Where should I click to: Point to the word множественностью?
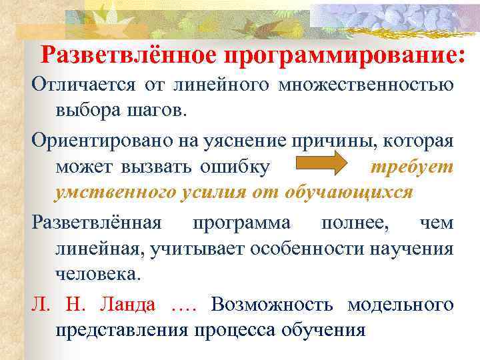point(366,86)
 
